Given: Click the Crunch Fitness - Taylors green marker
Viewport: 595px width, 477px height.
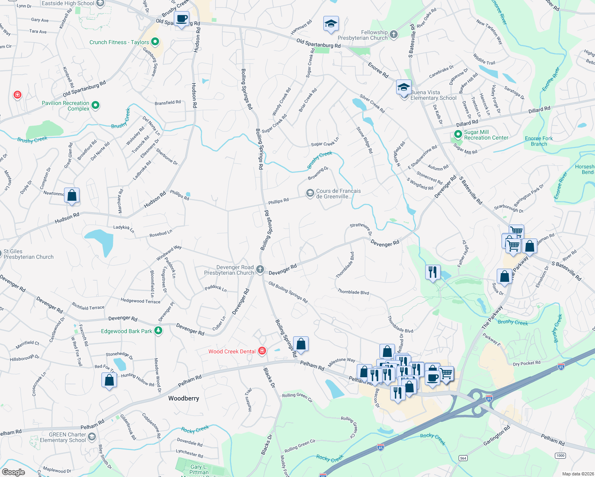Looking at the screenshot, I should click(155, 41).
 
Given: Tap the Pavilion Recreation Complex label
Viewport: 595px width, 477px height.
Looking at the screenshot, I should click(66, 106).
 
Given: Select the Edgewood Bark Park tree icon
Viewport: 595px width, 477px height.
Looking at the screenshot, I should click(158, 331).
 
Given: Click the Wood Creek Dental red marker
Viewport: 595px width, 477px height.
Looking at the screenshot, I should click(262, 351).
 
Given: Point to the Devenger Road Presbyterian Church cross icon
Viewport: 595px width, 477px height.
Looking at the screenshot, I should click(260, 270).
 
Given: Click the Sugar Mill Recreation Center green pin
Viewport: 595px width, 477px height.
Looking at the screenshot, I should click(458, 135).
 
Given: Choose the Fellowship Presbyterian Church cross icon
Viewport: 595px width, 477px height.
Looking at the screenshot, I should click(394, 35).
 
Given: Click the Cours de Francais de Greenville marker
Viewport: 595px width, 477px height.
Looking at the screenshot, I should click(310, 193).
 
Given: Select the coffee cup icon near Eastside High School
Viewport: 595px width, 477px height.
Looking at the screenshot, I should click(182, 19).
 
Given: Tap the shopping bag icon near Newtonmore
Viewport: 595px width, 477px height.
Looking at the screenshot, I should click(72, 195).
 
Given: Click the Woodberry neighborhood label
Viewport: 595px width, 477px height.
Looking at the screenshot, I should click(183, 398).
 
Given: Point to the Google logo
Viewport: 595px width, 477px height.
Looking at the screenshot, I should click(14, 472).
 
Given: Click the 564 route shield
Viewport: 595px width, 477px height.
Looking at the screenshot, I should click(463, 458).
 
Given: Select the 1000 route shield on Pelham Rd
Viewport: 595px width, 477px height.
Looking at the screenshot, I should click(560, 456).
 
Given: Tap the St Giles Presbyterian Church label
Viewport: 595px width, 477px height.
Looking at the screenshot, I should click(28, 254).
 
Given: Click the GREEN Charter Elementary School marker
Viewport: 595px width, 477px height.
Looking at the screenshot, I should click(92, 437).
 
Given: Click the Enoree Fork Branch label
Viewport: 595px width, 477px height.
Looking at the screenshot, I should click(539, 141).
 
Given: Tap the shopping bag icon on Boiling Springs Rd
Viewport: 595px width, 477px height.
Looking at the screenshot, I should click(301, 344).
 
